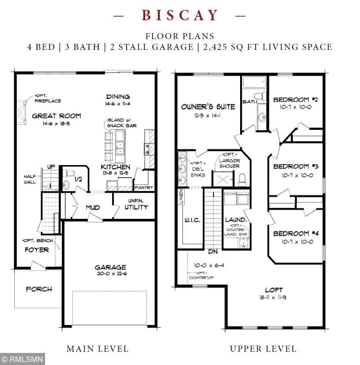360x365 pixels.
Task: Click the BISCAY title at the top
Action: click(x=180, y=15)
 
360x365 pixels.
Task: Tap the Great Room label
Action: click(x=56, y=116)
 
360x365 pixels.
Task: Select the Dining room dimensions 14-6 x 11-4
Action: click(x=118, y=104)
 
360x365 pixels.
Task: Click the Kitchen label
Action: click(x=116, y=167)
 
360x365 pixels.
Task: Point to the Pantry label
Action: click(x=143, y=188)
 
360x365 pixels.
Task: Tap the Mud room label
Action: click(x=93, y=208)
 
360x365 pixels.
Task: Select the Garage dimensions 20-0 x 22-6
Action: click(x=110, y=274)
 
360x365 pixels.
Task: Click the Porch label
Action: click(x=39, y=289)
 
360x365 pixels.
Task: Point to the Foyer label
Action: click(x=37, y=250)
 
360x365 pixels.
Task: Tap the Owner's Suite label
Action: click(x=208, y=106)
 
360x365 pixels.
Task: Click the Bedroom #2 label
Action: click(x=295, y=100)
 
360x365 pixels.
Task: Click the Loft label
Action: click(x=273, y=289)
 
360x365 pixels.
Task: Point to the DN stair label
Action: click(x=213, y=252)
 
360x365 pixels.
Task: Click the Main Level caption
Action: click(x=97, y=349)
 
